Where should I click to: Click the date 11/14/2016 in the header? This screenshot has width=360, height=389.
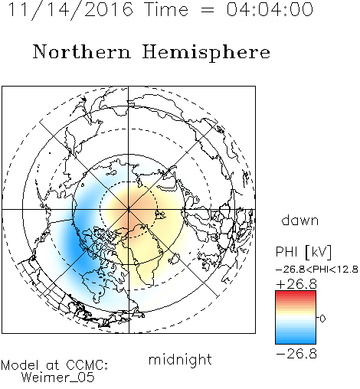click(70, 10)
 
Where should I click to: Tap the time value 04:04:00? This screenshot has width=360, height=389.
click(270, 9)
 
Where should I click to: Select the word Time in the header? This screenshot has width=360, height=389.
click(166, 9)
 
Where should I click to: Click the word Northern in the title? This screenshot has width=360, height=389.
click(82, 52)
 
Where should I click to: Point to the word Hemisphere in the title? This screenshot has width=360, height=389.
click(206, 53)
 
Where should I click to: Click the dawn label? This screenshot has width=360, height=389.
click(300, 220)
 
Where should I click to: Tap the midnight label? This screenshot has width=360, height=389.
click(180, 359)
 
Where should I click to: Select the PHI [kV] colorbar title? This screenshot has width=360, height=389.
click(303, 252)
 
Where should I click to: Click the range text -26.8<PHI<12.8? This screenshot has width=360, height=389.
click(317, 270)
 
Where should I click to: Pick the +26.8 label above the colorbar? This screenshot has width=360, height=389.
click(296, 284)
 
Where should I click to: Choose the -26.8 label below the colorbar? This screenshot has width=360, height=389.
click(296, 354)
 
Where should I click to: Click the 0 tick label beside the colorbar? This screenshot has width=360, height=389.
click(322, 319)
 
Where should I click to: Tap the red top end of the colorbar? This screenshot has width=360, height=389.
click(296, 293)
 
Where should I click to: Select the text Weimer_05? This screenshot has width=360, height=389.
click(58, 377)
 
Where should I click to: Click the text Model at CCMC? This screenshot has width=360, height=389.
click(54, 365)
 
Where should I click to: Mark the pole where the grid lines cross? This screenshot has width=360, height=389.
click(129, 210)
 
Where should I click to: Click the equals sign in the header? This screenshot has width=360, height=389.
click(208, 10)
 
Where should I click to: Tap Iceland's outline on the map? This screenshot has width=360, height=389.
click(175, 259)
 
